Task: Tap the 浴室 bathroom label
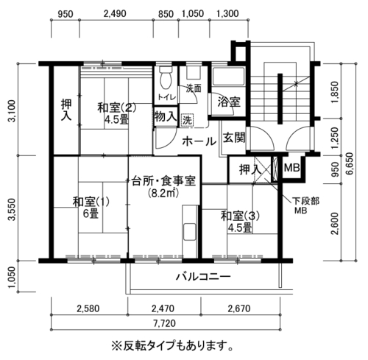229,102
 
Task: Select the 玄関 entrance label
234,137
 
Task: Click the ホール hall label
199,141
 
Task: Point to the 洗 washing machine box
188,120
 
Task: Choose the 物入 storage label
166,116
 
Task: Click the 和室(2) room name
116,107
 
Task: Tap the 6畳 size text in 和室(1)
91,213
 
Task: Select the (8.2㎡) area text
163,193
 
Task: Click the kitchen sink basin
190,232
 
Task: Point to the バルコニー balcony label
203,277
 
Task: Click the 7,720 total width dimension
165,323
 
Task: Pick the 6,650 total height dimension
350,163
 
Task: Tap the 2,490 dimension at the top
115,13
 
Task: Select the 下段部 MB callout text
305,205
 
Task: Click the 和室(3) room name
240,216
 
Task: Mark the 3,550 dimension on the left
13,210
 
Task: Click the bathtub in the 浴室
228,77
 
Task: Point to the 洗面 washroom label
194,88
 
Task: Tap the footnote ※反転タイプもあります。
172,346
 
